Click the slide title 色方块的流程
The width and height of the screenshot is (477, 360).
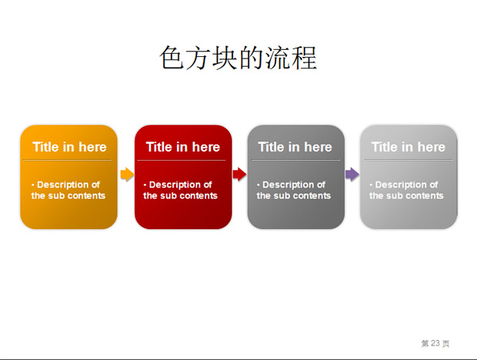239,58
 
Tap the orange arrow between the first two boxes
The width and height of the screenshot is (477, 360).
127,174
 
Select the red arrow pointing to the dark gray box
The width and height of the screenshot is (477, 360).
239,174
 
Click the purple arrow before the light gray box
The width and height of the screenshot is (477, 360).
352,174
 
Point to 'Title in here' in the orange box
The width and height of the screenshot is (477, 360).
69,147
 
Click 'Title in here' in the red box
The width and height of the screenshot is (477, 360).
183,147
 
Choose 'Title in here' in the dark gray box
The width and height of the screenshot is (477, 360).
295,147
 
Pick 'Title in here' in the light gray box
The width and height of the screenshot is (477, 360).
409,147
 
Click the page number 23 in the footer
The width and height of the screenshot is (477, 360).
435,343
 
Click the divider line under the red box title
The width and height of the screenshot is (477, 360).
182,160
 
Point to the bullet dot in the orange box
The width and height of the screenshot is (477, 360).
32,185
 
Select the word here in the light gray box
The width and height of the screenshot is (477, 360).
432,147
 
